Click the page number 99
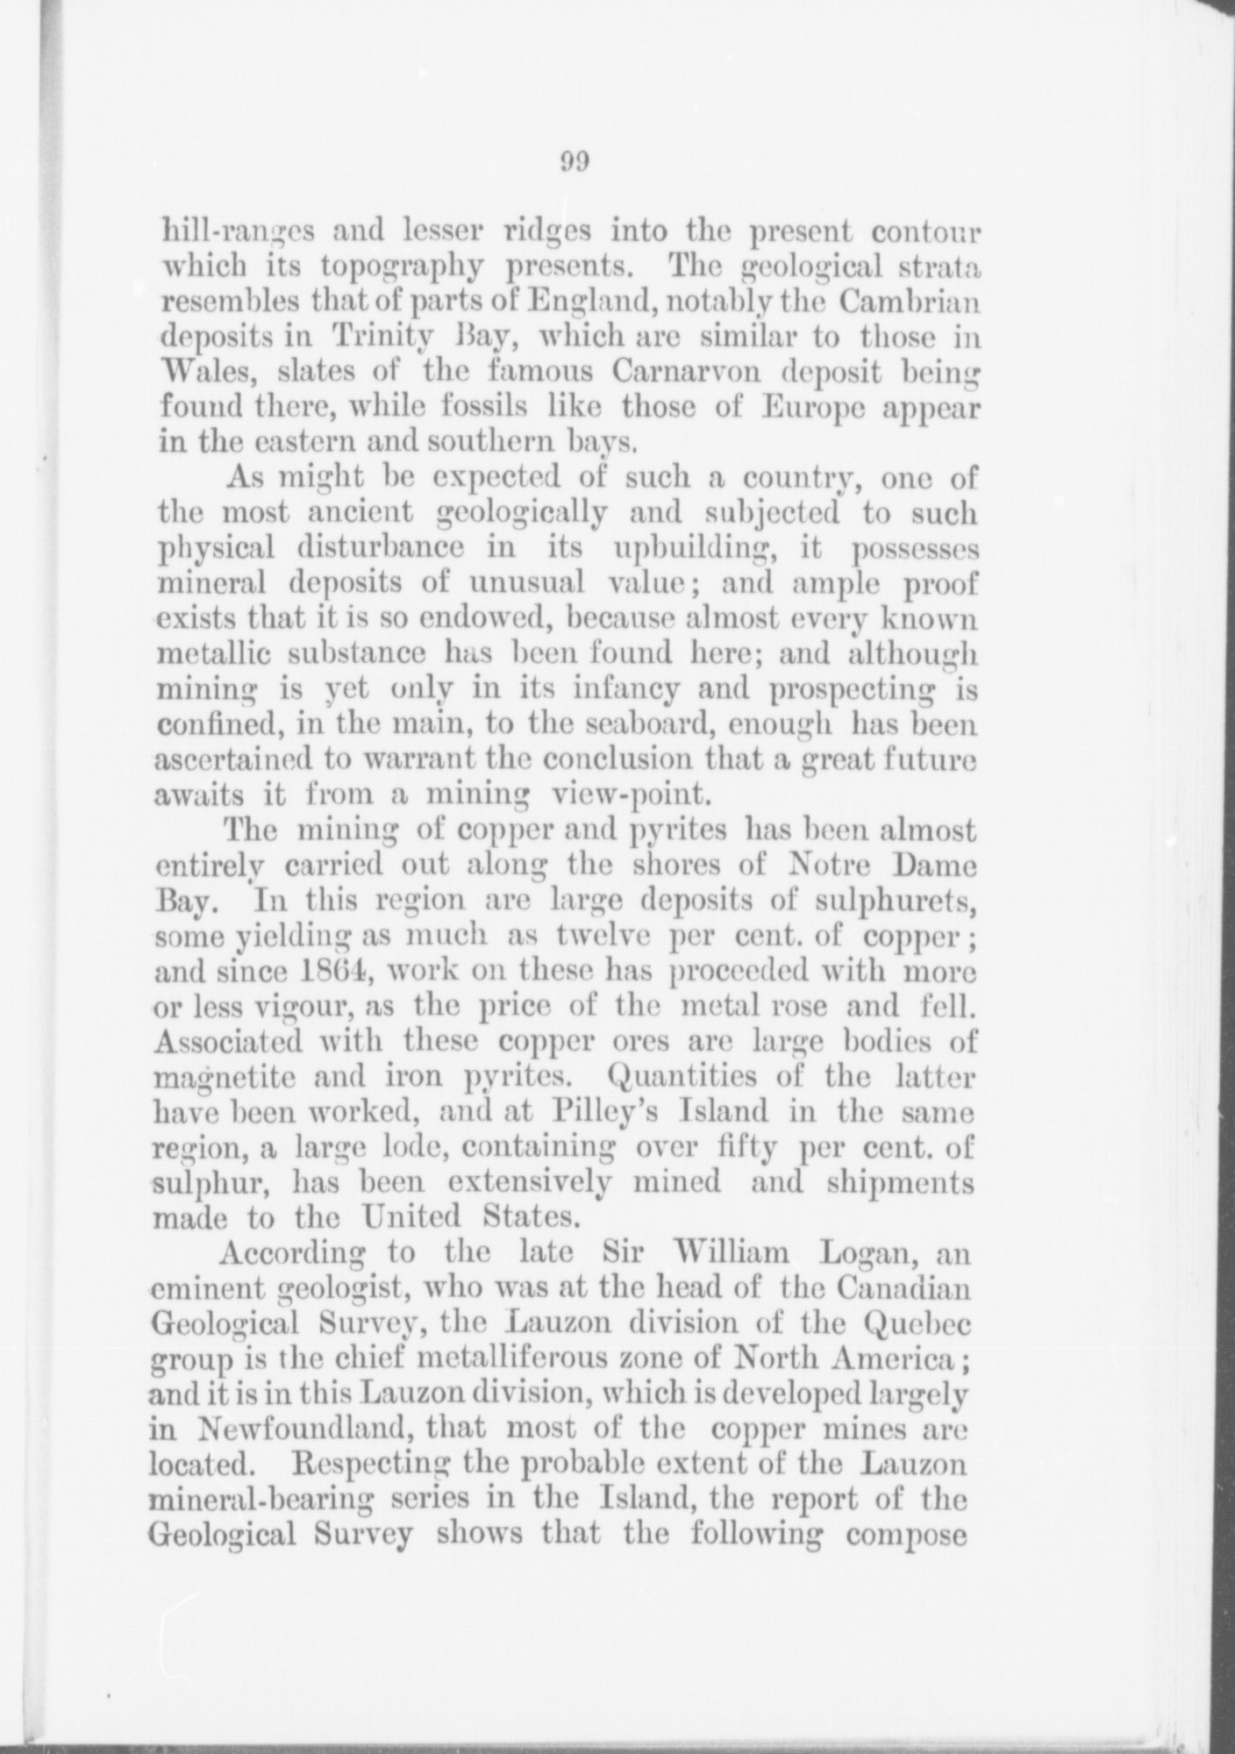(x=574, y=162)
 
